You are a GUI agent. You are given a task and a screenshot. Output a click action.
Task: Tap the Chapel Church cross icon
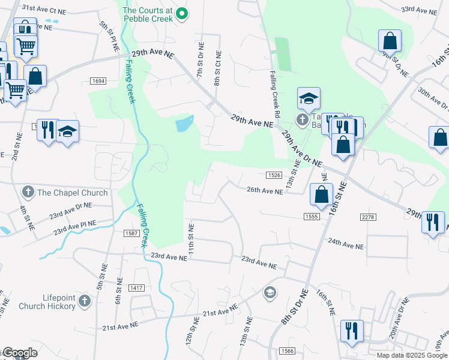coord(28,193)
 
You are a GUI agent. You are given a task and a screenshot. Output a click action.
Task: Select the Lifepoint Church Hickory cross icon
coord(85,301)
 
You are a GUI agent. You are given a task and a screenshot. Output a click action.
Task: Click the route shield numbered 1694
coord(99,81)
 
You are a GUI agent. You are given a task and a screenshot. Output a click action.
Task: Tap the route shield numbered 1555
coord(311,216)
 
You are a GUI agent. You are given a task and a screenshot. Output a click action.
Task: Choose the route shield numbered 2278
coord(368,216)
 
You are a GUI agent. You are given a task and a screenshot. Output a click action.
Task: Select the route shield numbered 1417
coord(136,289)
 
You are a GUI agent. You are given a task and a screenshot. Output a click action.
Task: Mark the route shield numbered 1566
coord(286,350)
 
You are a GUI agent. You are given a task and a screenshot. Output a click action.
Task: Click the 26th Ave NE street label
coord(264,191)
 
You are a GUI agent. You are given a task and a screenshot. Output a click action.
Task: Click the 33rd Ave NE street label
coord(420,10)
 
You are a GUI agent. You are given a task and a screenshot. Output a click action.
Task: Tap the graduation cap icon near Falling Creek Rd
coord(309,98)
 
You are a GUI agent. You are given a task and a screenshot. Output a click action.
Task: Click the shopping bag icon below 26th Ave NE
coord(321,194)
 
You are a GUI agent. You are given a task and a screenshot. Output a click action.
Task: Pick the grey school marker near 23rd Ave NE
coord(270,292)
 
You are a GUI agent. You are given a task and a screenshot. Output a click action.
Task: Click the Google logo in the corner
coord(19,353)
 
